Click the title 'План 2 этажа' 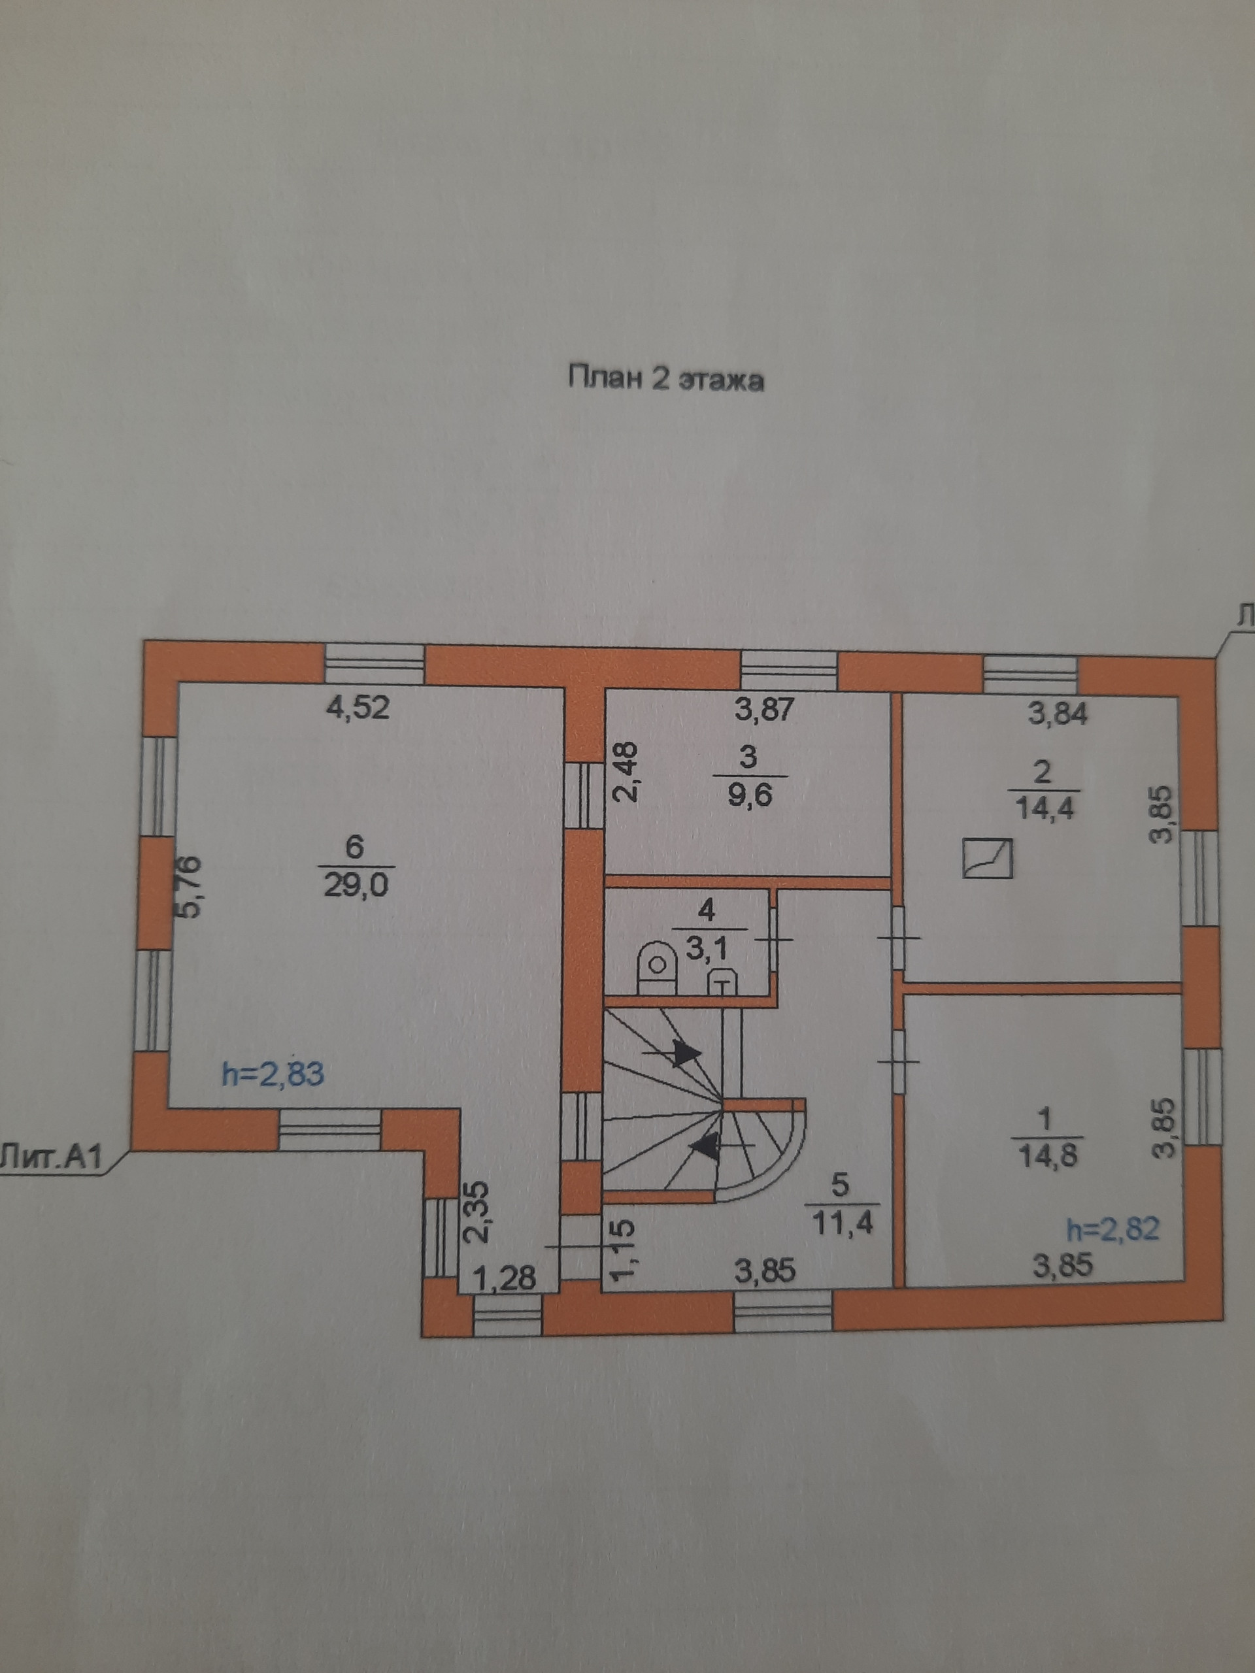665,379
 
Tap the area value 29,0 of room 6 356,884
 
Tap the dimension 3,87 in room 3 765,710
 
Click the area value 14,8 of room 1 1046,1157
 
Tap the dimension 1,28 505,1278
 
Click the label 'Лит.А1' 54,1159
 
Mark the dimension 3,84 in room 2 1058,713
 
